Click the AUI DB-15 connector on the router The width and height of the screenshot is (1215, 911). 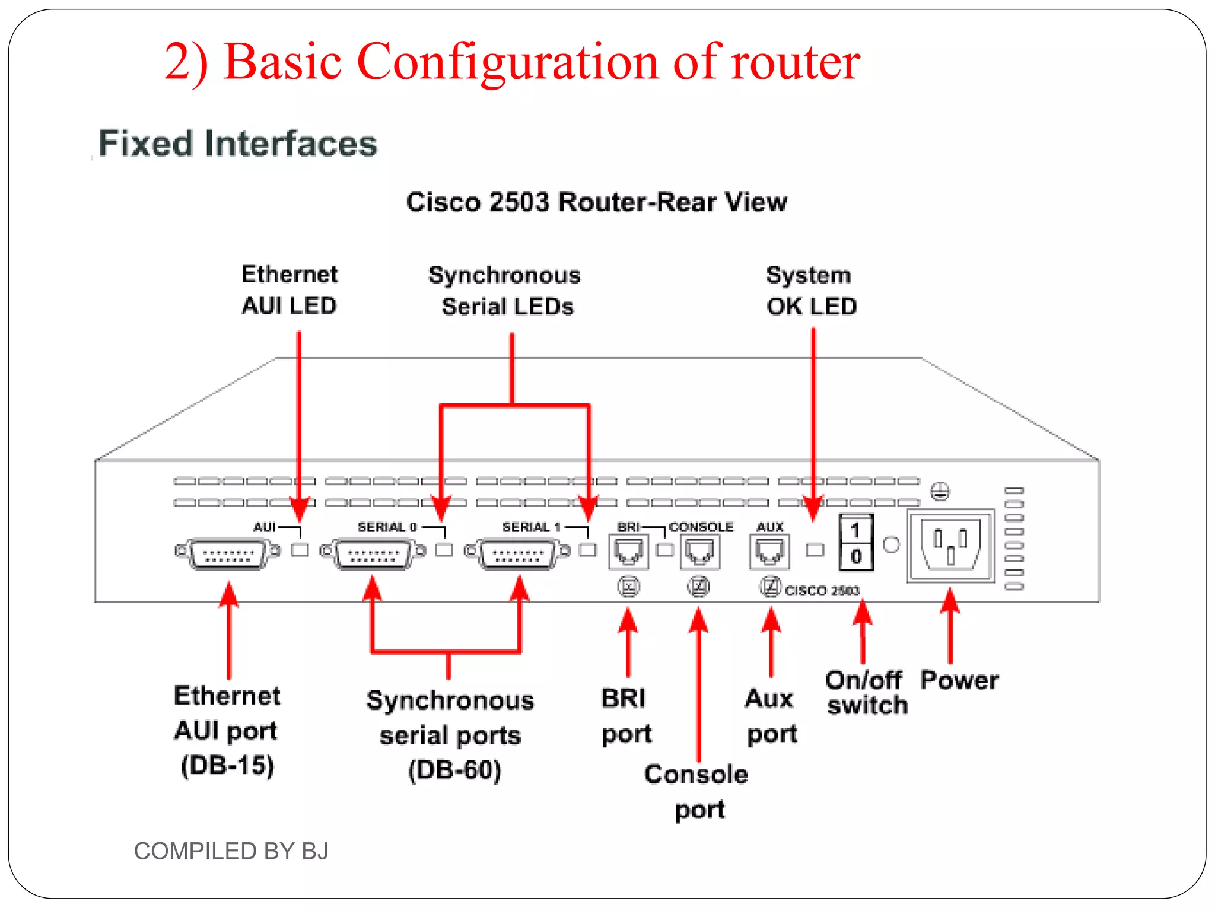pos(228,554)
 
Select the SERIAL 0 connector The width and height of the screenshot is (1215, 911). pos(373,554)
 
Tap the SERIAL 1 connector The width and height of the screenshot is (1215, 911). pos(517,554)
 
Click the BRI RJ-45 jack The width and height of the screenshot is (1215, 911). pos(628,552)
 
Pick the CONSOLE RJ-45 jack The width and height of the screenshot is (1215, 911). pos(699,552)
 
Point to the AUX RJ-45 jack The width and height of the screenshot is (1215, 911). pos(769,552)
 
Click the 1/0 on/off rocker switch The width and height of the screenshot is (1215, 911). pos(855,543)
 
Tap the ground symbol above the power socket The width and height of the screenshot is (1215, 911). pos(940,491)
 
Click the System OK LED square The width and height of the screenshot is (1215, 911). pos(815,550)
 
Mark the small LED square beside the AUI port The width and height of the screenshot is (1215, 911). pos(300,550)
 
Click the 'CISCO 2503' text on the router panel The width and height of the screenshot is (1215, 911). pos(822,591)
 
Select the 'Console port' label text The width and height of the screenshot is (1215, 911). pos(696,792)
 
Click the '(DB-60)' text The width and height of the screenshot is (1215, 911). pos(454,770)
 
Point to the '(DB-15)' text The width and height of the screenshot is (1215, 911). pos(227,766)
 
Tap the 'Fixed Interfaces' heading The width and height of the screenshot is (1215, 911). pos(237,144)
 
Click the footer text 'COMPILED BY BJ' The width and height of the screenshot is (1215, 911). pos(231,851)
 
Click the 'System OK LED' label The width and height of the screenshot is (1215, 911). pos(810,291)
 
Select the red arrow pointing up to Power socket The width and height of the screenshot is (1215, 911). pos(950,626)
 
